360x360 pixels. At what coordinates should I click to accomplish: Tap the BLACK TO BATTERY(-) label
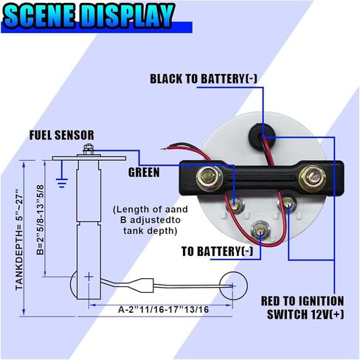[x=204, y=79]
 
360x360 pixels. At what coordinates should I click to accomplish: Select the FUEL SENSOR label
[x=62, y=135]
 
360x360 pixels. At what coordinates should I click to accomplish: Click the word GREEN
[x=144, y=172]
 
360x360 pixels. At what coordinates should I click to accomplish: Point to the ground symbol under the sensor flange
[x=61, y=182]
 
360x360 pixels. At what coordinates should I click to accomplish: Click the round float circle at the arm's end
[x=233, y=285]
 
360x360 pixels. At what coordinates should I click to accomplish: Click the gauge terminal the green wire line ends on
[x=235, y=204]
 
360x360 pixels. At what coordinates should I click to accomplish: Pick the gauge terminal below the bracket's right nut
[x=287, y=204]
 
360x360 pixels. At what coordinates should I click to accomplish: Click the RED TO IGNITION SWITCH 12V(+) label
[x=302, y=308]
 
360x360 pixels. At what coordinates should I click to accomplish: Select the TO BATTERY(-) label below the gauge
[x=217, y=251]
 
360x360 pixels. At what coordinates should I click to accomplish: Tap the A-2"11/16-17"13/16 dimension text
[x=164, y=309]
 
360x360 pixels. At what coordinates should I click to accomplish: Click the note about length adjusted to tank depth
[x=150, y=220]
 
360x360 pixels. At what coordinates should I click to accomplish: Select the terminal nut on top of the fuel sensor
[x=88, y=149]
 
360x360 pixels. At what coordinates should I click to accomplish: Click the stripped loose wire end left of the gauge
[x=165, y=148]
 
